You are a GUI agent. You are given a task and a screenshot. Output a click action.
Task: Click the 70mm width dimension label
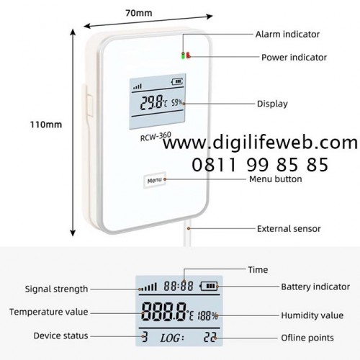point(139,13)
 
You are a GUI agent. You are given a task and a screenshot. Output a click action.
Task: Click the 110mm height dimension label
point(46,125)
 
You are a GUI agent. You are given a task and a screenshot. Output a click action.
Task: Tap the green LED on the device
point(184,55)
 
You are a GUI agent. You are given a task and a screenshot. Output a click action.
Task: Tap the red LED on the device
point(189,55)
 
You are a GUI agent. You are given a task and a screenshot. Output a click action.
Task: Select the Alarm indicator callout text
point(287,35)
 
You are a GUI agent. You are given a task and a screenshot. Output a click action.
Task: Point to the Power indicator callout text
point(294,58)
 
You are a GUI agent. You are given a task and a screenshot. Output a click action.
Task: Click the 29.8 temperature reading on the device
point(151,102)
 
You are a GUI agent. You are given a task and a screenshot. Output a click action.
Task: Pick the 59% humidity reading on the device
point(176,103)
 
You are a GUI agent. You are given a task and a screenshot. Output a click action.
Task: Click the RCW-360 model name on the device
point(156,137)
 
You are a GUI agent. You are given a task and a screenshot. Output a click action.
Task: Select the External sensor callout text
point(289,229)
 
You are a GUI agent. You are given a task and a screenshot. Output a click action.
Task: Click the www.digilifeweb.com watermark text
point(261,143)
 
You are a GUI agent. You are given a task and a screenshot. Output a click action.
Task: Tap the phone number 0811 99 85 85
point(260,165)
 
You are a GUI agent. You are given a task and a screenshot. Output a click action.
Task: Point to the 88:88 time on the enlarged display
point(179,286)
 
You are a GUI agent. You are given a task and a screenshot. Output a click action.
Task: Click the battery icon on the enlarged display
point(209,286)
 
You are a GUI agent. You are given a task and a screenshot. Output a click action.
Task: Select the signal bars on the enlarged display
point(148,287)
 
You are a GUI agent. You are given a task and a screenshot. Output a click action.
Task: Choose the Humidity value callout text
point(312,315)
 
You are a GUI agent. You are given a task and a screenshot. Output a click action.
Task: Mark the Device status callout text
point(60,336)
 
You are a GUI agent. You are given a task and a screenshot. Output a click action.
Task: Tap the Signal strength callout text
point(56,289)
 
